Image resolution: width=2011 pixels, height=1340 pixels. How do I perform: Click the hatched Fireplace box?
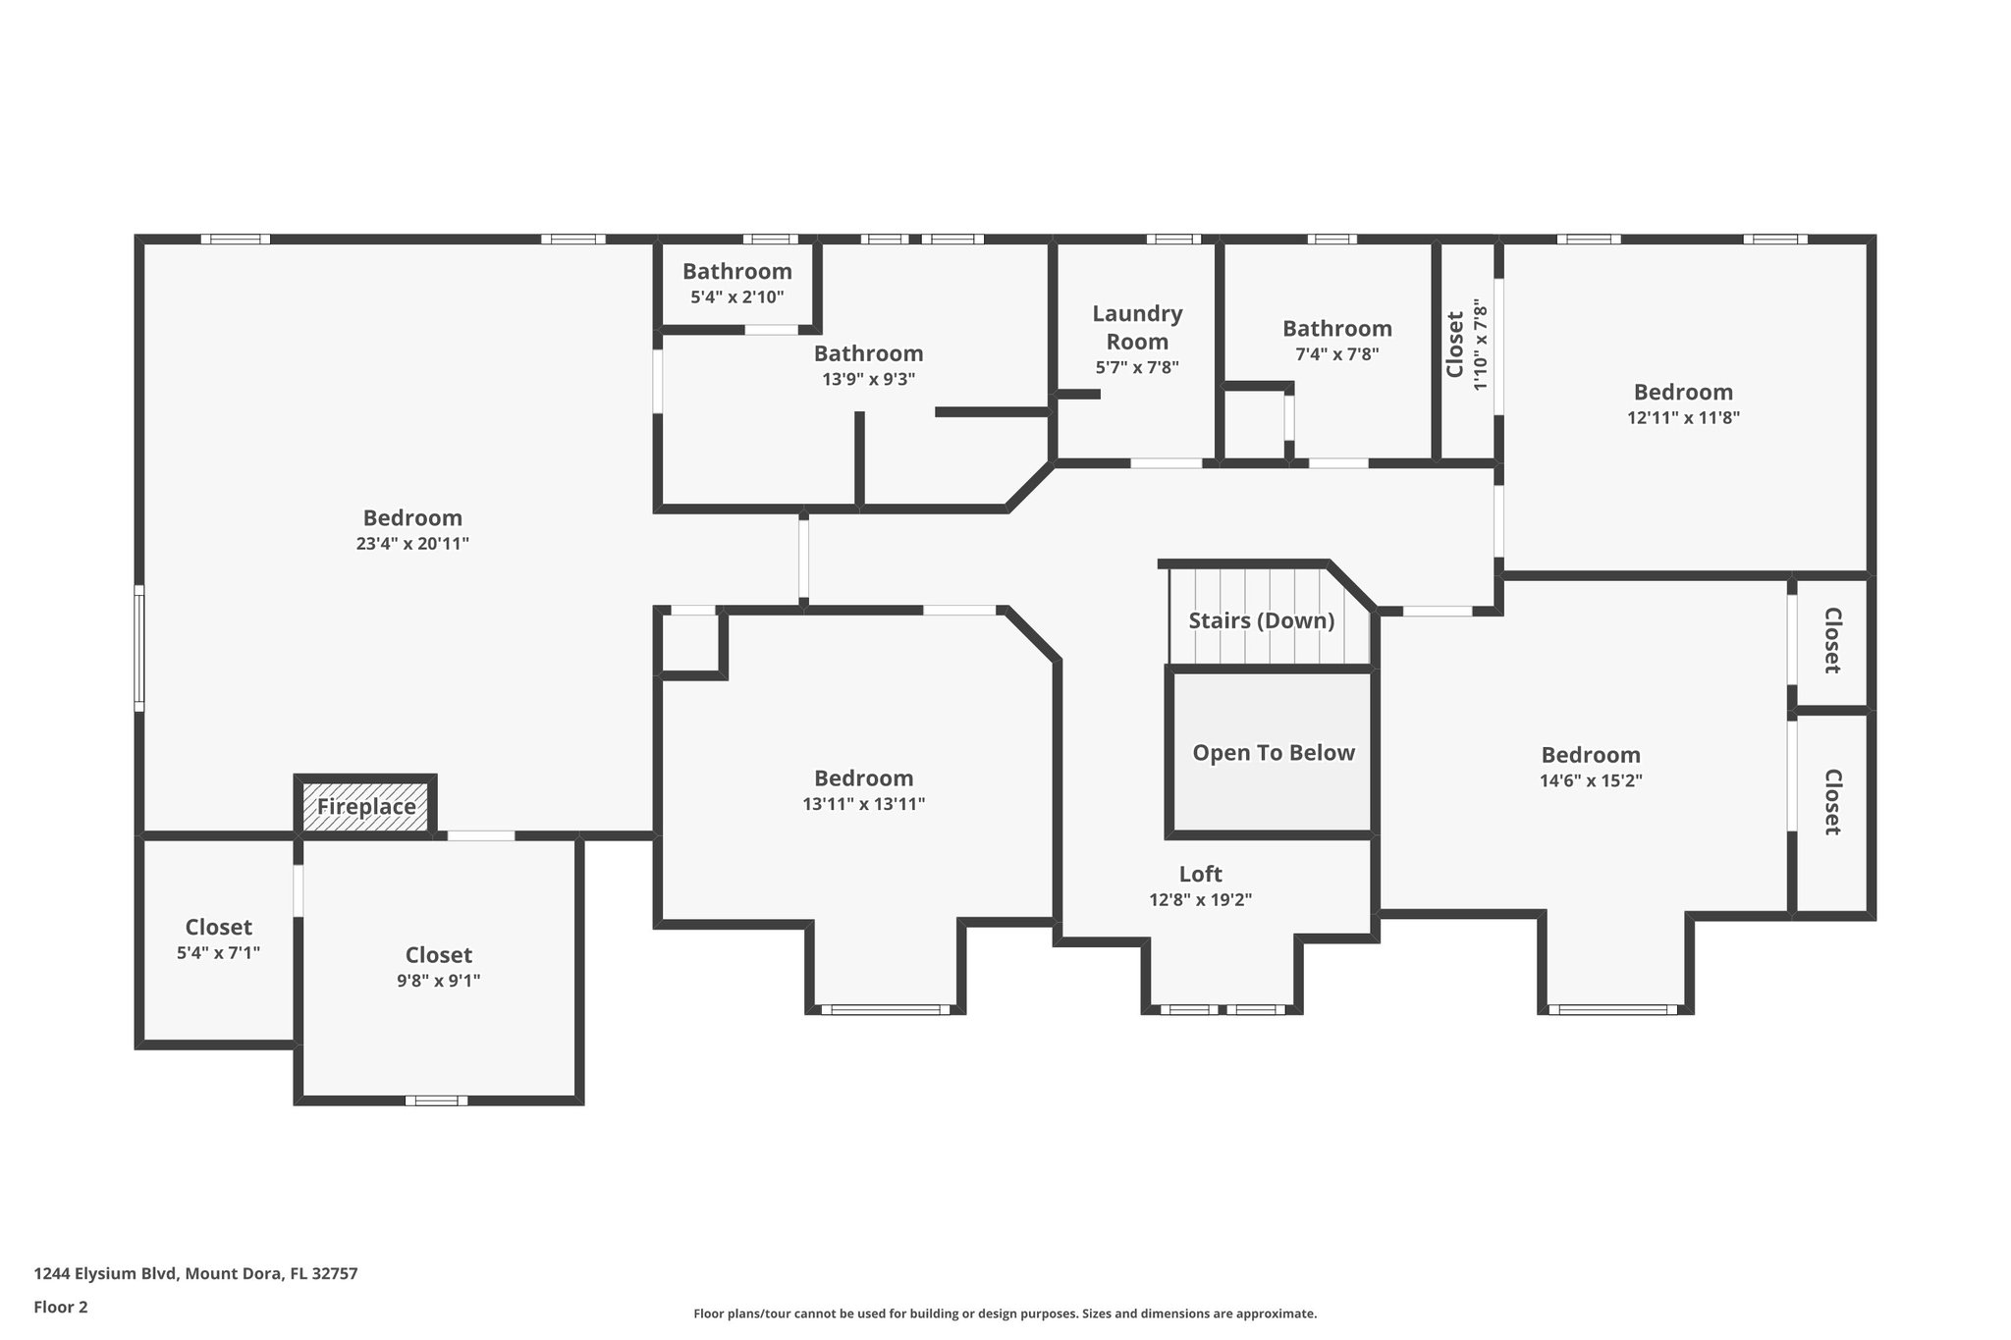coord(365,807)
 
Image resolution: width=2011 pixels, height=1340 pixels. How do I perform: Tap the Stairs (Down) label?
coord(1261,620)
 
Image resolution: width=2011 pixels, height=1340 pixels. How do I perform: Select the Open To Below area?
coord(1273,753)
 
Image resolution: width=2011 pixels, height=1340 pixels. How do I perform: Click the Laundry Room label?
coord(1137,327)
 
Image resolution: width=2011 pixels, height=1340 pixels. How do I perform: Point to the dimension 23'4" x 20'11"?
coord(412,544)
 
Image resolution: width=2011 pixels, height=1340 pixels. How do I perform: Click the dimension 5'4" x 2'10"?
coord(736,296)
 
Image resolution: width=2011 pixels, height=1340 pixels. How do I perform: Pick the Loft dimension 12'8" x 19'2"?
coord(1200,899)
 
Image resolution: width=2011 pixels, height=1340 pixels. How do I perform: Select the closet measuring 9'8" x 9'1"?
coord(438,967)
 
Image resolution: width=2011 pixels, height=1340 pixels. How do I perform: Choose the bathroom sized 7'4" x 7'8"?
coord(1336,341)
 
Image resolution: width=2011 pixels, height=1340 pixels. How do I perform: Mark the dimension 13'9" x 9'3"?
coord(868,379)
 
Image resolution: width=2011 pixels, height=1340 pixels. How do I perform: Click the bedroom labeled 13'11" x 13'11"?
coord(863,790)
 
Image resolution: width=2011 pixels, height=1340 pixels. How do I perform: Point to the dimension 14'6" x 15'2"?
coord(1590,781)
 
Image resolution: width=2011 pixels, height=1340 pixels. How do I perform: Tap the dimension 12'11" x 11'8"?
coord(1683,417)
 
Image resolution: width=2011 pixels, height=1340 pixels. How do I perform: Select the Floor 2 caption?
coord(61,1307)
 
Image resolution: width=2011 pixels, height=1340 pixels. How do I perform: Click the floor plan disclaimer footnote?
coord(1005,1313)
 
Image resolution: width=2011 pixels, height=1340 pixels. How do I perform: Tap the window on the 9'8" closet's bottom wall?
coord(436,1100)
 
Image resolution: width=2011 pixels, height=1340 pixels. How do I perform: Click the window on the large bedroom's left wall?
coord(139,648)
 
